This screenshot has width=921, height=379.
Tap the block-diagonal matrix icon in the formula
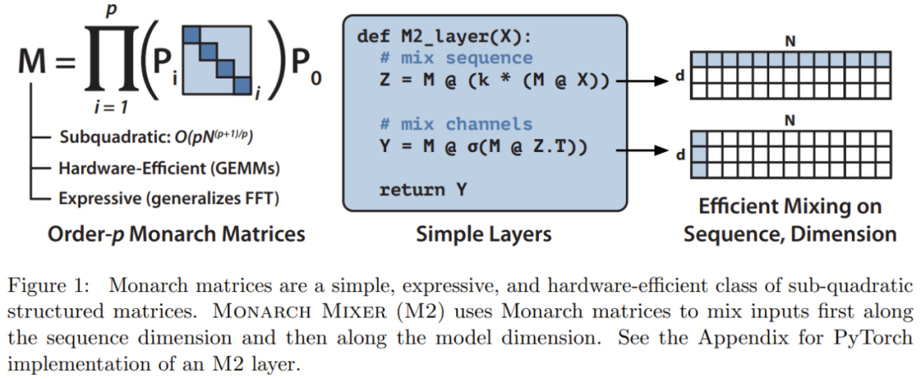pos(218,59)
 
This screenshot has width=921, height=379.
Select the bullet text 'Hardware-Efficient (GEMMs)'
pos(169,168)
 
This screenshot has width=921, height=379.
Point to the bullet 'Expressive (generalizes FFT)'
pos(169,198)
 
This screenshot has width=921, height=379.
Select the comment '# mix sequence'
pos(456,59)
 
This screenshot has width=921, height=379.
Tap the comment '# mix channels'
pos(456,125)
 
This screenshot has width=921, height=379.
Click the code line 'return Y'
pos(423,189)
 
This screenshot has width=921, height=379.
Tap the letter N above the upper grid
pos(790,41)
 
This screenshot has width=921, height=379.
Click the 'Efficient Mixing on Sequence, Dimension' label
pos(790,220)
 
